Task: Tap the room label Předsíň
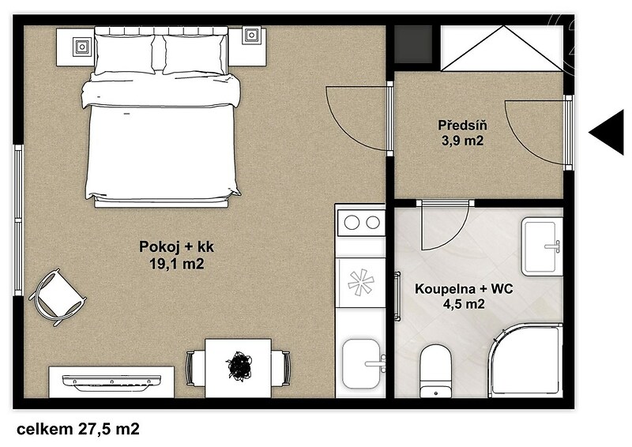462,125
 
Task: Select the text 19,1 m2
176,264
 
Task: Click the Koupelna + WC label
464,288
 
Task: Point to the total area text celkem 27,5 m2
78,429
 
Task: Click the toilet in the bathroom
435,371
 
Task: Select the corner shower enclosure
525,360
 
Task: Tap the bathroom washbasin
542,246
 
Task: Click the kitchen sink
362,363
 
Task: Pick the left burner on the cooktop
352,222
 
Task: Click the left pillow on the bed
124,54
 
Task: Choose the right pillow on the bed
194,54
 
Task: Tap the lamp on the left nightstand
83,47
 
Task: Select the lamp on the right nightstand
252,36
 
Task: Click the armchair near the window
58,298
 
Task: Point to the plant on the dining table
239,366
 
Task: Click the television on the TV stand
111,382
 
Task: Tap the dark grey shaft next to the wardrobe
412,44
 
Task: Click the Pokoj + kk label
176,246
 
